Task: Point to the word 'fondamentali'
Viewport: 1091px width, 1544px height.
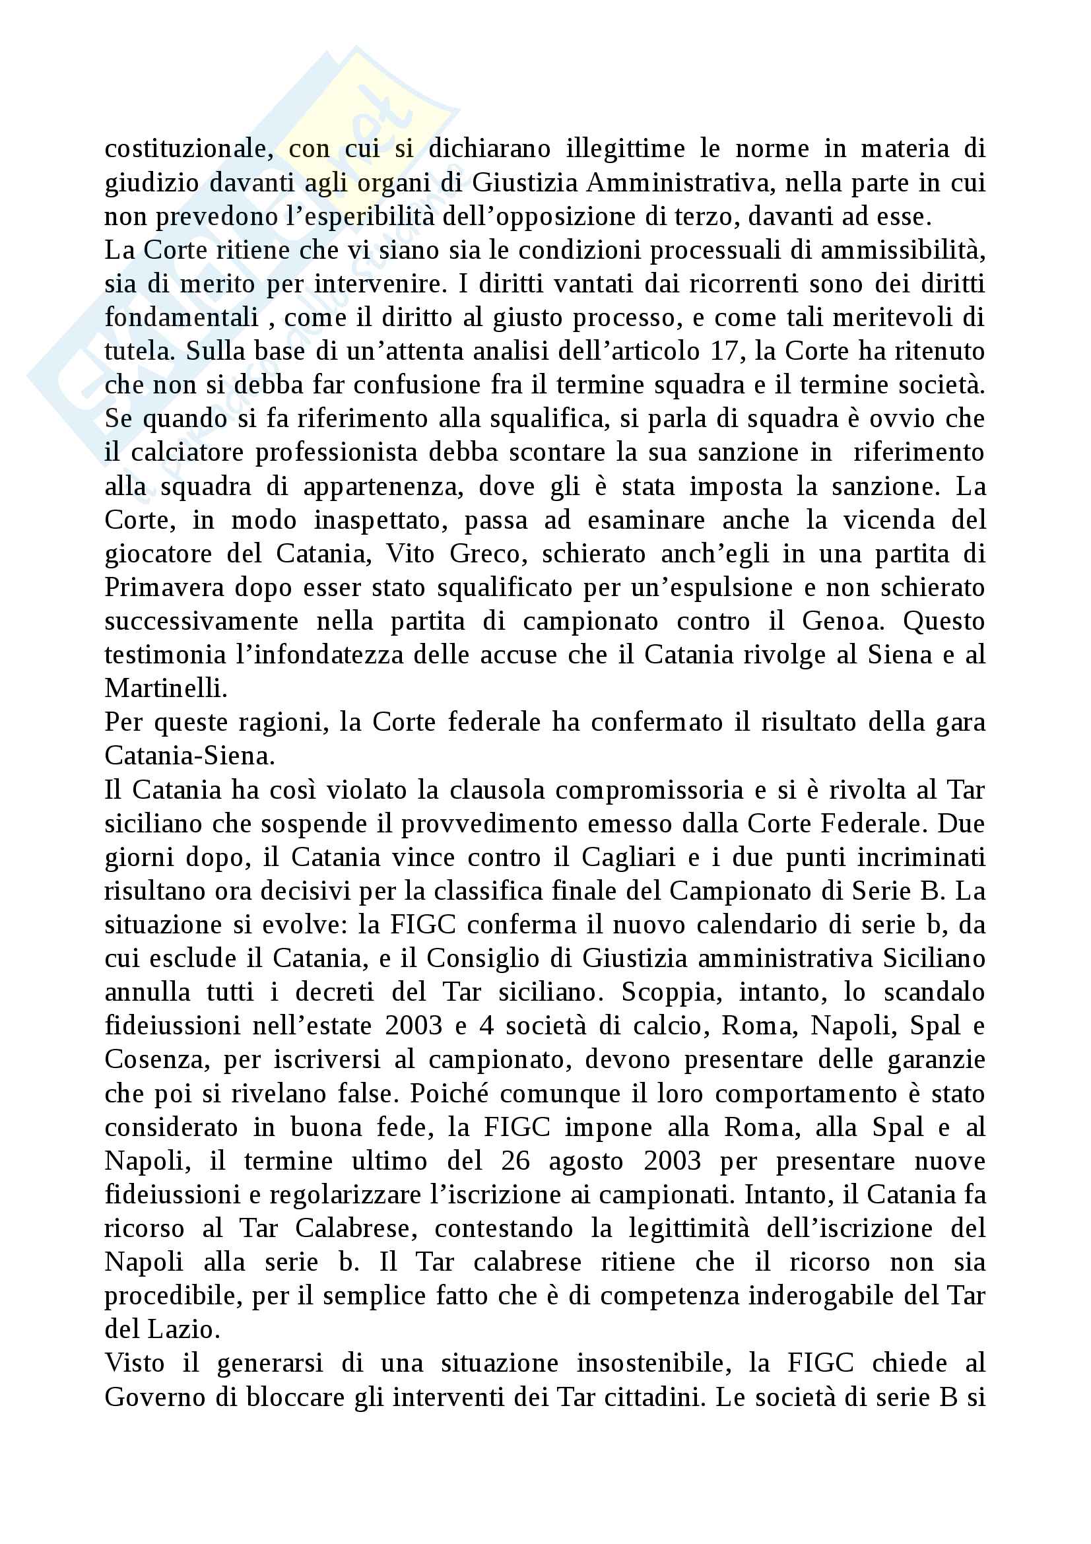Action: coord(182,318)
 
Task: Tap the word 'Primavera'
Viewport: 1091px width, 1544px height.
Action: coord(165,587)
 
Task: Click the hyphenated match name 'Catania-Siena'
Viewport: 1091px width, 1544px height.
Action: coord(189,756)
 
